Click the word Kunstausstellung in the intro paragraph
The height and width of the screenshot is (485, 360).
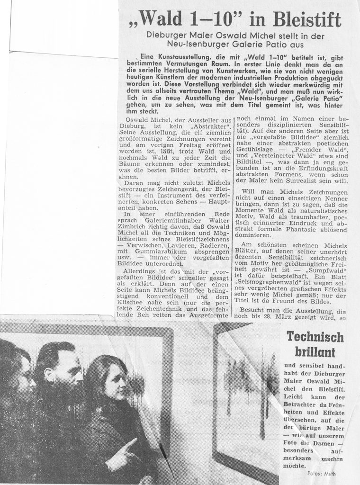click(183, 57)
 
